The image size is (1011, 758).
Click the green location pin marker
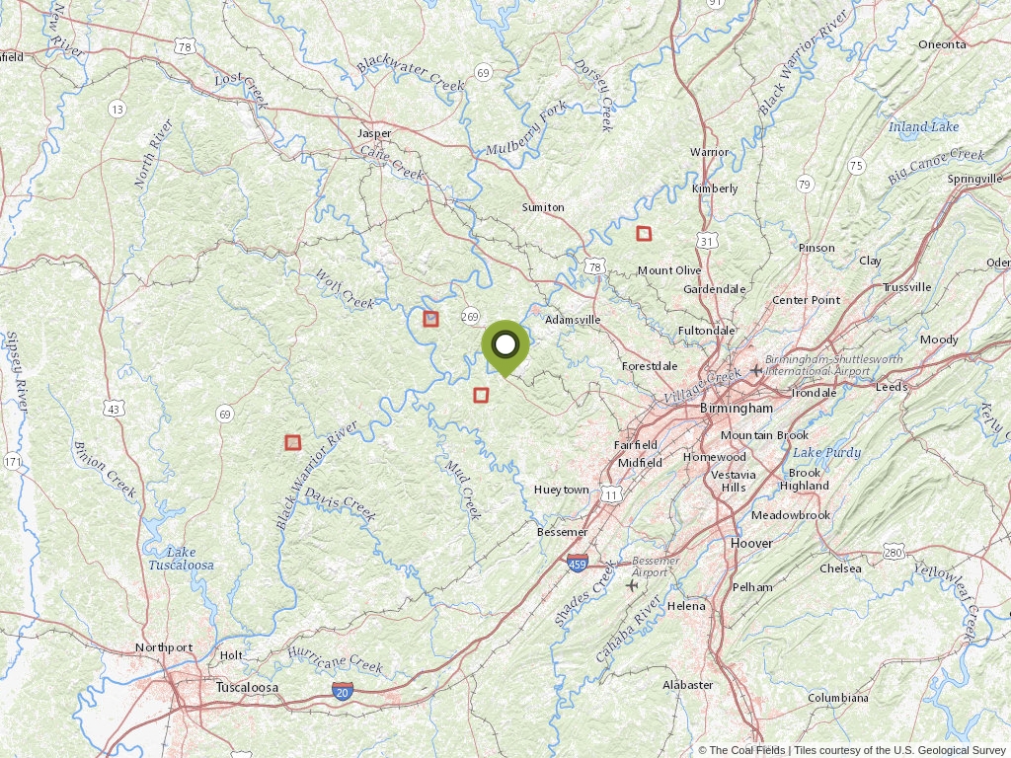505,346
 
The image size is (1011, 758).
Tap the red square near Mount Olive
644,234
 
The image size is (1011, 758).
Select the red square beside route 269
430,319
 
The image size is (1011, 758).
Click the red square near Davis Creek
292,443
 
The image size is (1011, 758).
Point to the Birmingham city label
736,408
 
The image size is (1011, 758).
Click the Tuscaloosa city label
247,687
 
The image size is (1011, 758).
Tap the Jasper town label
374,133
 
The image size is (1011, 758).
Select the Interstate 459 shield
579,564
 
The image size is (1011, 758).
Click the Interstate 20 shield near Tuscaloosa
343,692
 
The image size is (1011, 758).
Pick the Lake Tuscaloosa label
181,559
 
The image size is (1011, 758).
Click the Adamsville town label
573,320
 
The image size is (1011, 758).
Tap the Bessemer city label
562,532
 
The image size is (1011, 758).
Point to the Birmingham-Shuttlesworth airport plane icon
756,370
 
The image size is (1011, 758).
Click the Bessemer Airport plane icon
632,584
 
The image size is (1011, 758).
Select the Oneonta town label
942,44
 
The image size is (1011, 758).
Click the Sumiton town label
543,207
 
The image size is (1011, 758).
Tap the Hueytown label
561,490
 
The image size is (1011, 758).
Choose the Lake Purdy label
827,453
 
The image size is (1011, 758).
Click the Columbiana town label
838,698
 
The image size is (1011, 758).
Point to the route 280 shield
894,551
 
